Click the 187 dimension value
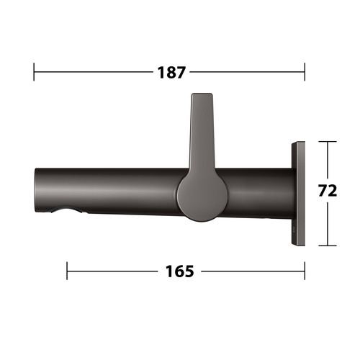point(171,72)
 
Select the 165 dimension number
point(179,271)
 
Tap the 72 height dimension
point(328,191)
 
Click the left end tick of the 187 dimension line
point(34,72)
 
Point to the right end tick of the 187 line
point(305,72)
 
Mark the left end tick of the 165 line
point(67,271)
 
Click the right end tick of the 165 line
point(305,271)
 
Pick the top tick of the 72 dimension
point(328,142)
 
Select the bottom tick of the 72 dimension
point(328,246)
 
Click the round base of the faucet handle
point(202,195)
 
